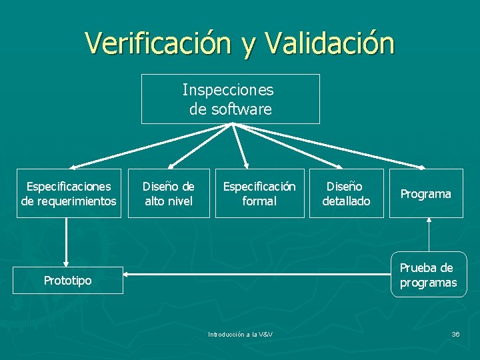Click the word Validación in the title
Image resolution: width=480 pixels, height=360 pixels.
coord(329,43)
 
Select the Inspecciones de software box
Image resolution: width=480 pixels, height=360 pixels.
coord(230,99)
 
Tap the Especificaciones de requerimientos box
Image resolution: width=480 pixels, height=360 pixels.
coord(69,193)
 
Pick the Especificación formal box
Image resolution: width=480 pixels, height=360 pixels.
coord(259,193)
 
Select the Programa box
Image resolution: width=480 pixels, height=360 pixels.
coord(425,193)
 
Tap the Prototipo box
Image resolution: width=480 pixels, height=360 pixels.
coord(68,281)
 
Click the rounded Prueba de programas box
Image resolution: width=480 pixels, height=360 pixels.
coord(429,275)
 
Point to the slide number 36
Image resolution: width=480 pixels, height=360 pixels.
coord(455,334)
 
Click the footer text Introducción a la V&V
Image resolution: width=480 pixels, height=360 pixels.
coord(240,334)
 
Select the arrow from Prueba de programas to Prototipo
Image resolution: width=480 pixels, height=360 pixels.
coord(253,273)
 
